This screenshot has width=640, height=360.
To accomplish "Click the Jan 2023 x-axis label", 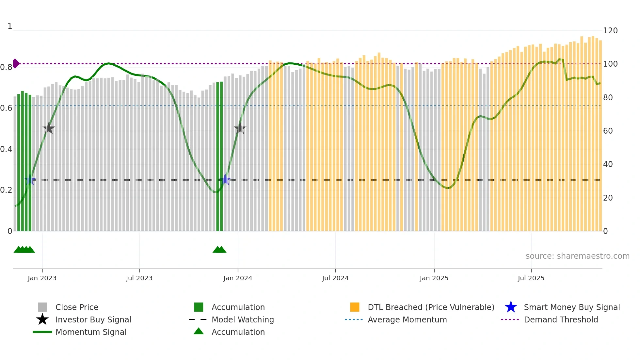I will coord(42,278).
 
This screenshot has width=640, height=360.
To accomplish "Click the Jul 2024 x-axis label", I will coord(335,278).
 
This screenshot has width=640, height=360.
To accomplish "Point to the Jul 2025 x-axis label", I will coord(531,278).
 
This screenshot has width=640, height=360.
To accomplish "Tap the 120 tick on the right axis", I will coord(610,31).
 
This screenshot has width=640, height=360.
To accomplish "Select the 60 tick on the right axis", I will coord(608,131).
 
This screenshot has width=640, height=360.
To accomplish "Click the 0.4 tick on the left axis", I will coord(6,149).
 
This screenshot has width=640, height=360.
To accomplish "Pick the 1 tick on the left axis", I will coord(10,26).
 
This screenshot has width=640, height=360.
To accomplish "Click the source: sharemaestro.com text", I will coord(577,256).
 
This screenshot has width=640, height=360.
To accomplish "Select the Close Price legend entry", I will coord(77,307).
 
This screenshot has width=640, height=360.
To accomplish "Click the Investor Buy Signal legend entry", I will coord(93,319).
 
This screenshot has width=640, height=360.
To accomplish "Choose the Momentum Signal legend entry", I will coord(91,332).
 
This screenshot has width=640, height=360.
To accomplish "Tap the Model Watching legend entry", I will coord(243,319).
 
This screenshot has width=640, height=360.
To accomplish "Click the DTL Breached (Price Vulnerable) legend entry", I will coord(431,307).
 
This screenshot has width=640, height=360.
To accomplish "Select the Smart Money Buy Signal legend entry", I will coord(571,307).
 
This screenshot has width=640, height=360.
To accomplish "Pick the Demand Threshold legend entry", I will coord(561,319).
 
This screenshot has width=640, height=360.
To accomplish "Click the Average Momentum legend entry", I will coord(407,319).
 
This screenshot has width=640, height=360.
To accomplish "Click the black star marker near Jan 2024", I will coord(240,128).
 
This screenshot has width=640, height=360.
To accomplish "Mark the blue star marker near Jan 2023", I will coord(30,180).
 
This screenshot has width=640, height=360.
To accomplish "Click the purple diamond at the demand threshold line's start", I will coord(16,63).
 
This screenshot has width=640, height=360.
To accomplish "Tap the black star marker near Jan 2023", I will coord(49,128).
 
